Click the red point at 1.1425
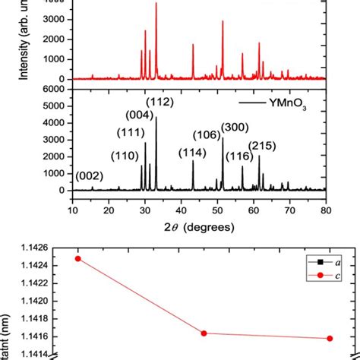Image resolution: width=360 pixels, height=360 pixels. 77,258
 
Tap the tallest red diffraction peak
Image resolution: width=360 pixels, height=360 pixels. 156,5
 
